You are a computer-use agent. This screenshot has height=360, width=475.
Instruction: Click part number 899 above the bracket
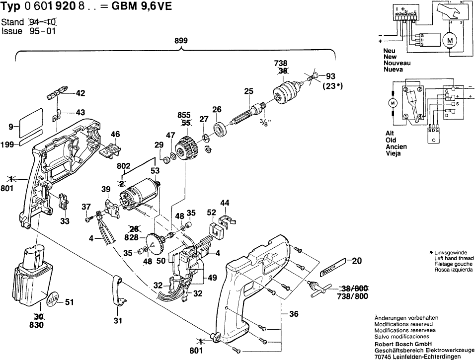click(181, 41)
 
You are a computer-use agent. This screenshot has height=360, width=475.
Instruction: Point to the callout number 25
click(249, 91)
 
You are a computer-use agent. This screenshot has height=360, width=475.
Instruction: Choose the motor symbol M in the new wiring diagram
click(450, 40)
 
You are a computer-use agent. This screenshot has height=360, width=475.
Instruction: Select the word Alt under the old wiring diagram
click(390, 134)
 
